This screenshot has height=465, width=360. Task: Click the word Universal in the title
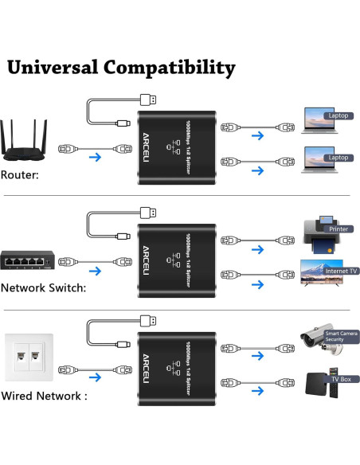coord(53,68)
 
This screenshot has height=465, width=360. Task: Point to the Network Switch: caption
coord(43,287)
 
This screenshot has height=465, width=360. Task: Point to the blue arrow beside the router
coord(95,158)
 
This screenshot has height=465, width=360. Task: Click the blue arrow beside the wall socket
coord(95,373)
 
